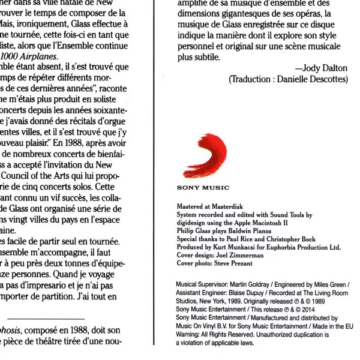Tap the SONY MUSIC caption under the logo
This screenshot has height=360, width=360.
pyautogui.click(x=203, y=188)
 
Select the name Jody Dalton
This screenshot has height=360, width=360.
pyautogui.click(x=325, y=68)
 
